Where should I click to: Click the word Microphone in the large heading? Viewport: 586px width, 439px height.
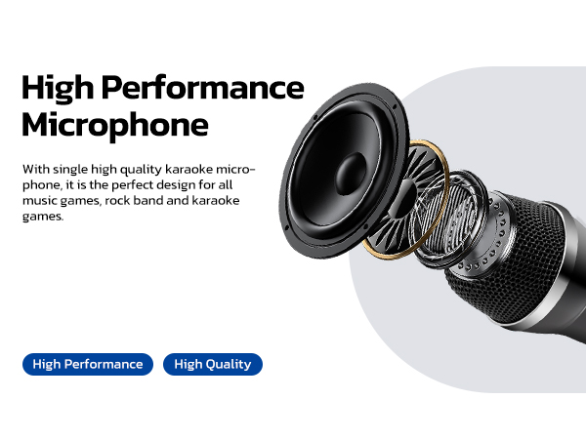point(114,126)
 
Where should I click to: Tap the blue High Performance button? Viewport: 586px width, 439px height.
point(88,365)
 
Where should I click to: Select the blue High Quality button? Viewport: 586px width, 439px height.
point(212,365)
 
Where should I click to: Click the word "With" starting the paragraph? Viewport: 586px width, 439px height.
point(35,169)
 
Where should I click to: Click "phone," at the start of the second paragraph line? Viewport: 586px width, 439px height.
point(41,184)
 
